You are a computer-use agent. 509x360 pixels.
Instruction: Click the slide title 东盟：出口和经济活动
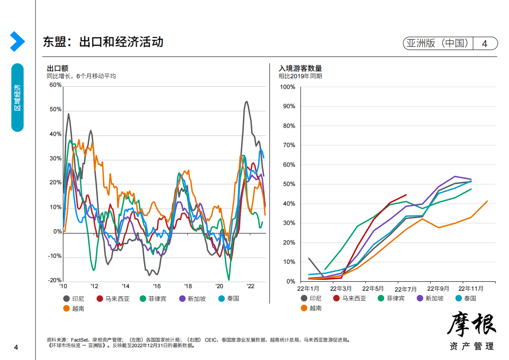click(103, 42)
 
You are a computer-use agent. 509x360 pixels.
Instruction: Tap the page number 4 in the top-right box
click(485, 44)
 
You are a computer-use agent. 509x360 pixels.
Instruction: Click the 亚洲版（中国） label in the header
click(438, 44)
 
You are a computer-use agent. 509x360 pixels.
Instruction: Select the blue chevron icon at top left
click(17, 41)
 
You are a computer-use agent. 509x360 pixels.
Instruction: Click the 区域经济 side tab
click(18, 97)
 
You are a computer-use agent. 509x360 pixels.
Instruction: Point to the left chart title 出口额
click(57, 68)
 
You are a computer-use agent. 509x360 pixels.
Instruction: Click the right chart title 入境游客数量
click(300, 68)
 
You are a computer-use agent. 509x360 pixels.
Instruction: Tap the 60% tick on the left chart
click(56, 85)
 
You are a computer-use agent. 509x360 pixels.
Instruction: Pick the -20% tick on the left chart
click(55, 280)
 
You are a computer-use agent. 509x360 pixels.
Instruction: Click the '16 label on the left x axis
click(157, 286)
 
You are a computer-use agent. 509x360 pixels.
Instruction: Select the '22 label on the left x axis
click(251, 286)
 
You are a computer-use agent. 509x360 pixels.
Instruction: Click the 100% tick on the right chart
click(287, 87)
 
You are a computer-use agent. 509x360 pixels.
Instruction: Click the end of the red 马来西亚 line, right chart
click(406, 195)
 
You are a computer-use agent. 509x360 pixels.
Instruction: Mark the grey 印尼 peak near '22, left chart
click(246, 102)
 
